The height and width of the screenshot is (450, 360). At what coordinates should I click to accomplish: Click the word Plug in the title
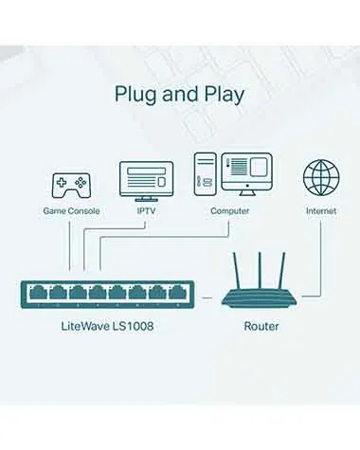click(x=135, y=95)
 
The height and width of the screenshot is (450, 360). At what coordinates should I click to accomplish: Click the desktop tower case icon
click(x=206, y=175)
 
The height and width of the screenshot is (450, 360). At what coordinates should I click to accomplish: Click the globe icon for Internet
click(x=320, y=178)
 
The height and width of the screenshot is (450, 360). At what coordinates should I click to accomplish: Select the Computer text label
click(x=230, y=210)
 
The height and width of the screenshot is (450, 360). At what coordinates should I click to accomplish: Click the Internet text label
click(x=320, y=210)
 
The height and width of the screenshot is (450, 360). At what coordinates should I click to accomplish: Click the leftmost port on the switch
click(x=40, y=292)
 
